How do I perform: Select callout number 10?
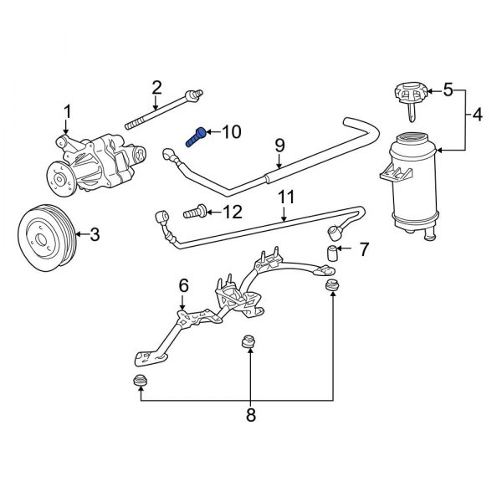[x=232, y=131]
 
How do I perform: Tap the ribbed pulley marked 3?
[x=47, y=237]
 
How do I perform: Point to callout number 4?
[x=477, y=115]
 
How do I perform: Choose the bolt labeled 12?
[x=195, y=212]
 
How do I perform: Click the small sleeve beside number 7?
[x=332, y=254]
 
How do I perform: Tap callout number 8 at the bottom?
[x=251, y=415]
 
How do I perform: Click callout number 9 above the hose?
[x=279, y=146]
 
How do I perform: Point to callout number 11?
[x=286, y=197]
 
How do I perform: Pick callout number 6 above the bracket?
[x=183, y=285]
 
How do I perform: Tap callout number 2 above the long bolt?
[x=156, y=88]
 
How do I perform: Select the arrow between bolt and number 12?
[x=213, y=212]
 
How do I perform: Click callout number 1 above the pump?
[x=67, y=112]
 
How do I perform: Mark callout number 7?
[x=364, y=249]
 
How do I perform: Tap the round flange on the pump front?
[x=61, y=179]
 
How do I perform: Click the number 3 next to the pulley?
[x=95, y=234]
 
